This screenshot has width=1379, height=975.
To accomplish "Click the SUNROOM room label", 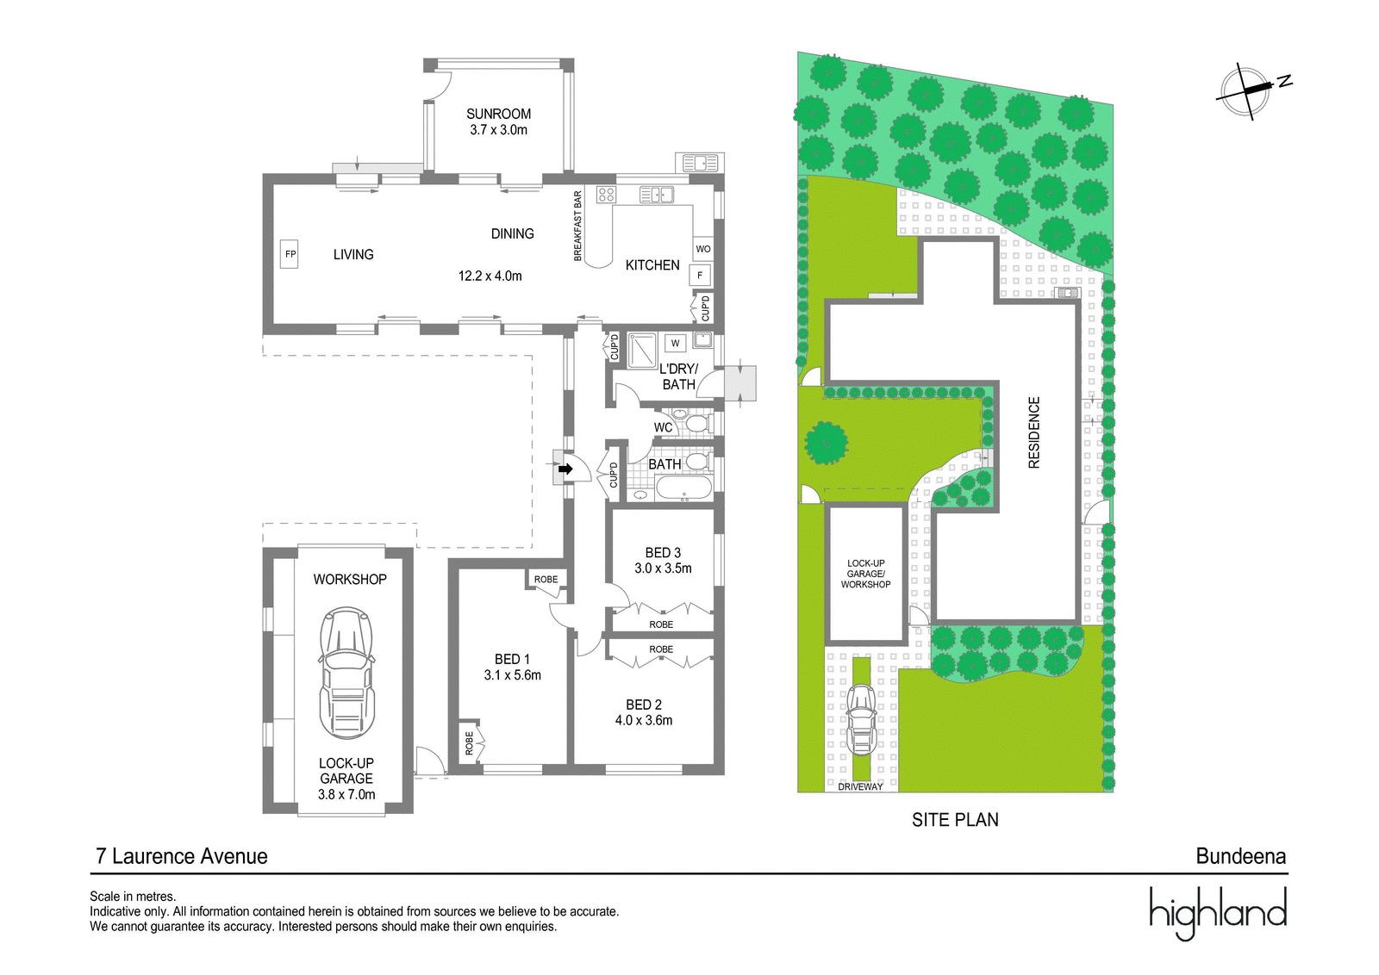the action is tap(498, 114).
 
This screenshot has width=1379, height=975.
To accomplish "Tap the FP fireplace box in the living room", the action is tap(290, 253).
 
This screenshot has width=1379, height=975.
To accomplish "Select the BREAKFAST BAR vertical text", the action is tap(577, 226).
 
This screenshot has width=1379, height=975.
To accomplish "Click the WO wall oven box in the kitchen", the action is tap(703, 249).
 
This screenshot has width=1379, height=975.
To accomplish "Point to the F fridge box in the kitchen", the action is tap(700, 276).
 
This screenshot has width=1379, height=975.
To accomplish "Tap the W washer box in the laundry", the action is tap(676, 343).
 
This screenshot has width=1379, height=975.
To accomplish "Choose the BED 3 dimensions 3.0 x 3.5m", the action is tap(663, 568).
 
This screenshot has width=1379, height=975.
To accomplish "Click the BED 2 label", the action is tap(643, 705).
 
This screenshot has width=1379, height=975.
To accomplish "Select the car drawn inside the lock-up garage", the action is tap(346, 673).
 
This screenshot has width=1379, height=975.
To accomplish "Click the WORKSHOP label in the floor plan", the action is tap(350, 579).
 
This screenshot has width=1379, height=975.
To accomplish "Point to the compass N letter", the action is tap(1285, 81).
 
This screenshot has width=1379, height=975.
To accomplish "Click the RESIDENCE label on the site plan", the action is tap(1034, 432).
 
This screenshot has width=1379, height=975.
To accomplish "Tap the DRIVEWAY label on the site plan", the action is tap(861, 786).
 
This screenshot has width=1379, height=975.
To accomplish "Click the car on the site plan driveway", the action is tap(861, 719).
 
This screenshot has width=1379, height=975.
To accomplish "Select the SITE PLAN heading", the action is tap(956, 819).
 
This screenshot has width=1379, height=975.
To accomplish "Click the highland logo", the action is tap(1219, 913).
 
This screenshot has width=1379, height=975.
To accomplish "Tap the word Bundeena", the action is tap(1241, 856).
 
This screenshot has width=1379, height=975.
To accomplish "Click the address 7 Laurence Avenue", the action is tap(182, 856).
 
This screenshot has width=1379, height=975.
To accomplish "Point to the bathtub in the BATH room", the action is tap(684, 488).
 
